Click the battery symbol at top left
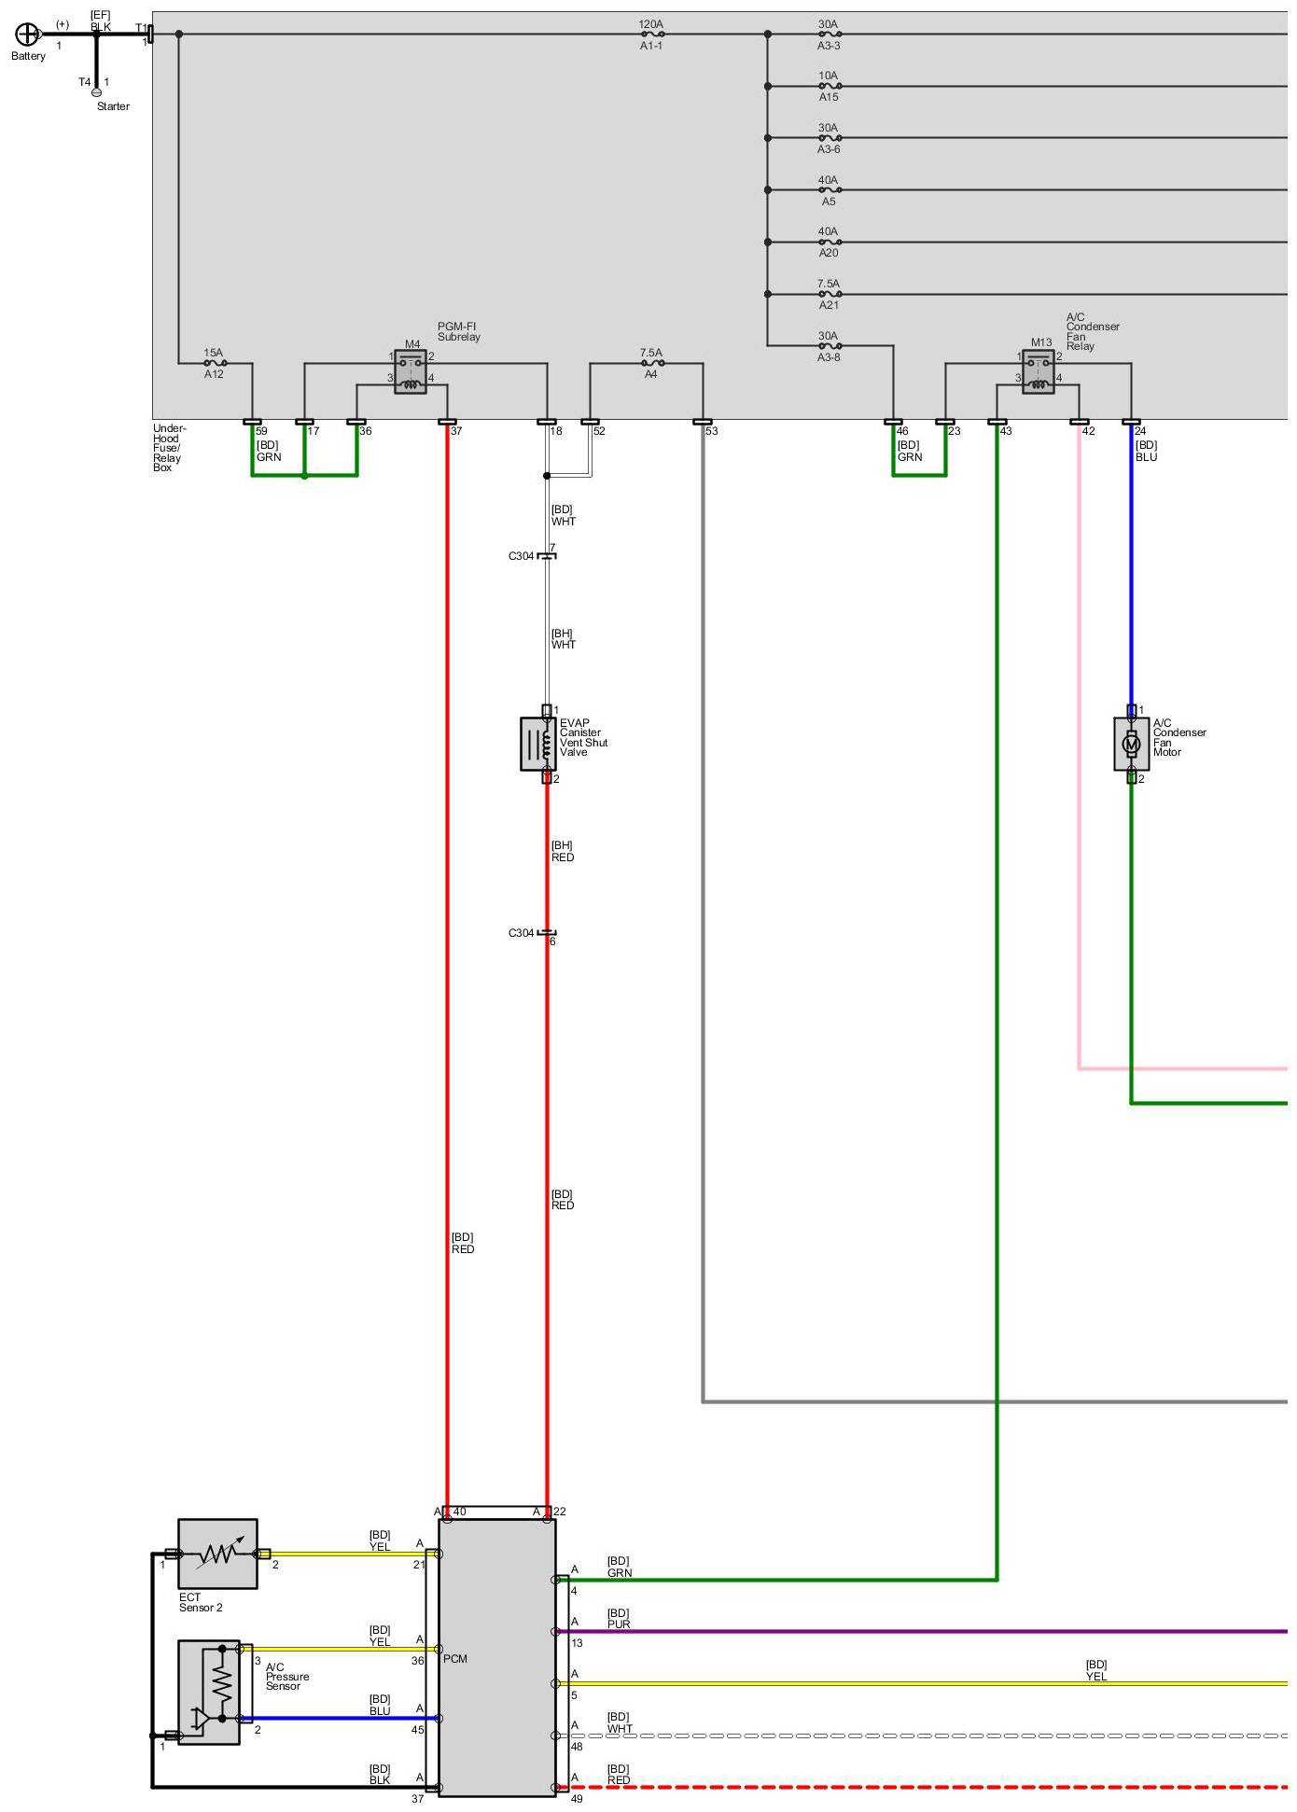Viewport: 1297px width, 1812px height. (28, 35)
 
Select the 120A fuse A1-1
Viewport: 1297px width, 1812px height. (651, 35)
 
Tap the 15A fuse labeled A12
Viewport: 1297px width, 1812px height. (215, 363)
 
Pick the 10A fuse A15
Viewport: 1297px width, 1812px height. (829, 86)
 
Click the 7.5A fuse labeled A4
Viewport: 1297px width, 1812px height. (651, 363)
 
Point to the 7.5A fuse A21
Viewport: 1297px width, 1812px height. (829, 294)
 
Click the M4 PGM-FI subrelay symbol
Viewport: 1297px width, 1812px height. (411, 371)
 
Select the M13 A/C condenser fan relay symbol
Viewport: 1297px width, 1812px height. (1039, 371)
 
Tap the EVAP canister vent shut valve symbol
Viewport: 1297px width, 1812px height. (537, 744)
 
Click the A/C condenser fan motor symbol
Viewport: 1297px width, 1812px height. (1131, 744)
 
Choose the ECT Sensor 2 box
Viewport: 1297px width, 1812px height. (217, 1554)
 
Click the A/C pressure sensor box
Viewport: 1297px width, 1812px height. (209, 1692)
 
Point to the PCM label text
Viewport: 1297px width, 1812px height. (455, 1659)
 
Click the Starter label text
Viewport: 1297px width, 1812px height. (113, 106)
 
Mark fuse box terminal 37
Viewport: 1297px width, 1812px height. (447, 423)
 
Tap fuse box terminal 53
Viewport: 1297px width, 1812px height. (703, 423)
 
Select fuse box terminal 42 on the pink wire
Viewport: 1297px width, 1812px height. (1080, 423)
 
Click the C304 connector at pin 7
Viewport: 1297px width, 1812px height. (547, 556)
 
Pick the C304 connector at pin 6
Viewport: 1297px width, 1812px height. (547, 933)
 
